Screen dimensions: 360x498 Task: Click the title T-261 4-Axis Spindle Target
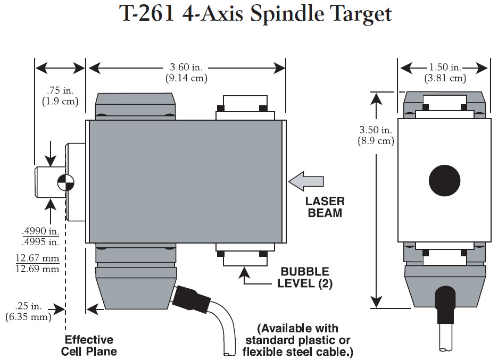click(x=255, y=14)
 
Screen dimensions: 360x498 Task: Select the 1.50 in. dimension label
click(x=445, y=68)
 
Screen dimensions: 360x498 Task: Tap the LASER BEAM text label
click(x=325, y=207)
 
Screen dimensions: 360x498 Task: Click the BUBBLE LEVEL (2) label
click(x=305, y=278)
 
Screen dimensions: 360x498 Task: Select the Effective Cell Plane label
click(x=89, y=346)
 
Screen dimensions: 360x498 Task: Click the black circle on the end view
click(x=444, y=180)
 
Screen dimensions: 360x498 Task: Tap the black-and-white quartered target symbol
click(x=66, y=181)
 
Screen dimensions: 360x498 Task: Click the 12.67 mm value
click(x=37, y=258)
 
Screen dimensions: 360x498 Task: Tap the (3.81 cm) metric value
click(x=445, y=78)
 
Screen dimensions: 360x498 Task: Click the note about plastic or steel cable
click(x=297, y=340)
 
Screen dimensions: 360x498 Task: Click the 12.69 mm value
click(x=37, y=269)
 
